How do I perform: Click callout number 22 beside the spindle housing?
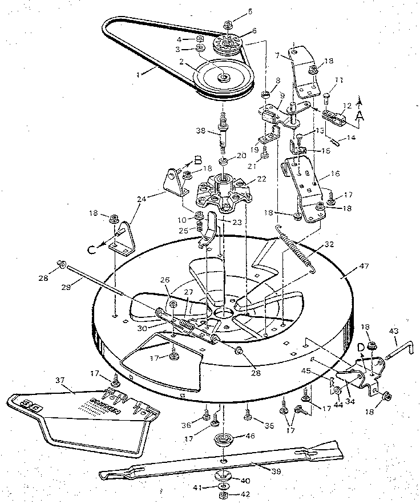click(x=262, y=179)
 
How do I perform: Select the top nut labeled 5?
click(x=227, y=24)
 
